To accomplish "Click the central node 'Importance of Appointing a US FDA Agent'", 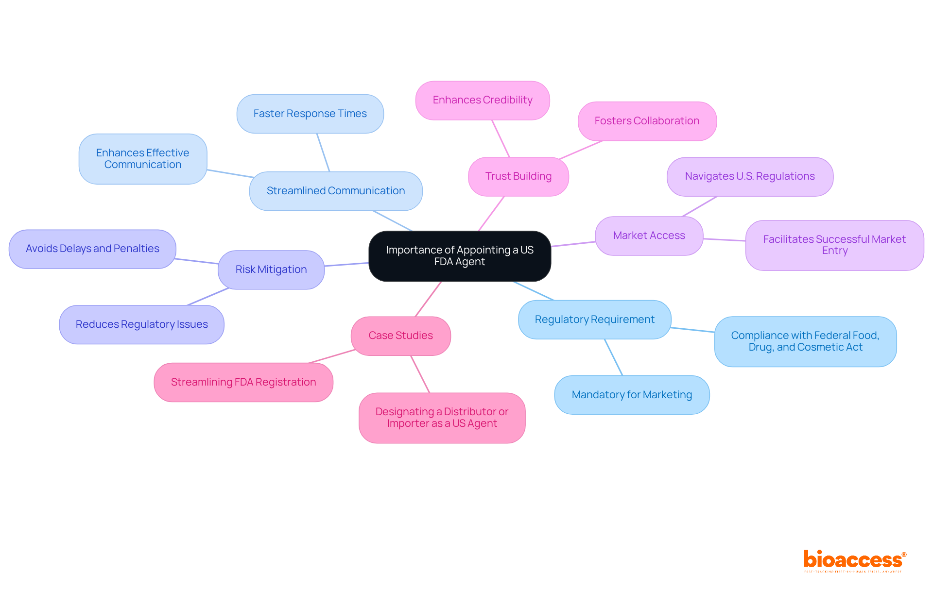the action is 460,256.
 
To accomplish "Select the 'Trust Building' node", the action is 518,176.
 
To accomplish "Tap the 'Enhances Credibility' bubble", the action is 483,100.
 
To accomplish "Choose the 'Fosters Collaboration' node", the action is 647,121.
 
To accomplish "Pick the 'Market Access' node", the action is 649,236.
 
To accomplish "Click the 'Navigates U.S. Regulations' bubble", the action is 750,176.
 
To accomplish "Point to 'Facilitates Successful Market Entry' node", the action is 834,245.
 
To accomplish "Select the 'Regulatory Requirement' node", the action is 594,320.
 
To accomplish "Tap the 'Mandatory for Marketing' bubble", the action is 632,395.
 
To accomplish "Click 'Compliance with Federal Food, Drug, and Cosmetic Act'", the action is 805,341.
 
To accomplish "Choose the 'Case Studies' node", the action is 400,336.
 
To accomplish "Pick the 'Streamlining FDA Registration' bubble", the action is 243,382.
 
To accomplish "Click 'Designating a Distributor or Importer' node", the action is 442,418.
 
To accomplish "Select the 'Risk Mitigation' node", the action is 271,270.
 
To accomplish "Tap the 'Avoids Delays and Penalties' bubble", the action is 92,249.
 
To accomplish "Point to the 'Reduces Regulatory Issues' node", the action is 141,324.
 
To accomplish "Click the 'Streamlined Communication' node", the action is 336,191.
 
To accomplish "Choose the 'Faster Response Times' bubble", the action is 310,114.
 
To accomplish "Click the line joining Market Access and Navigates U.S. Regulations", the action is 700,206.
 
